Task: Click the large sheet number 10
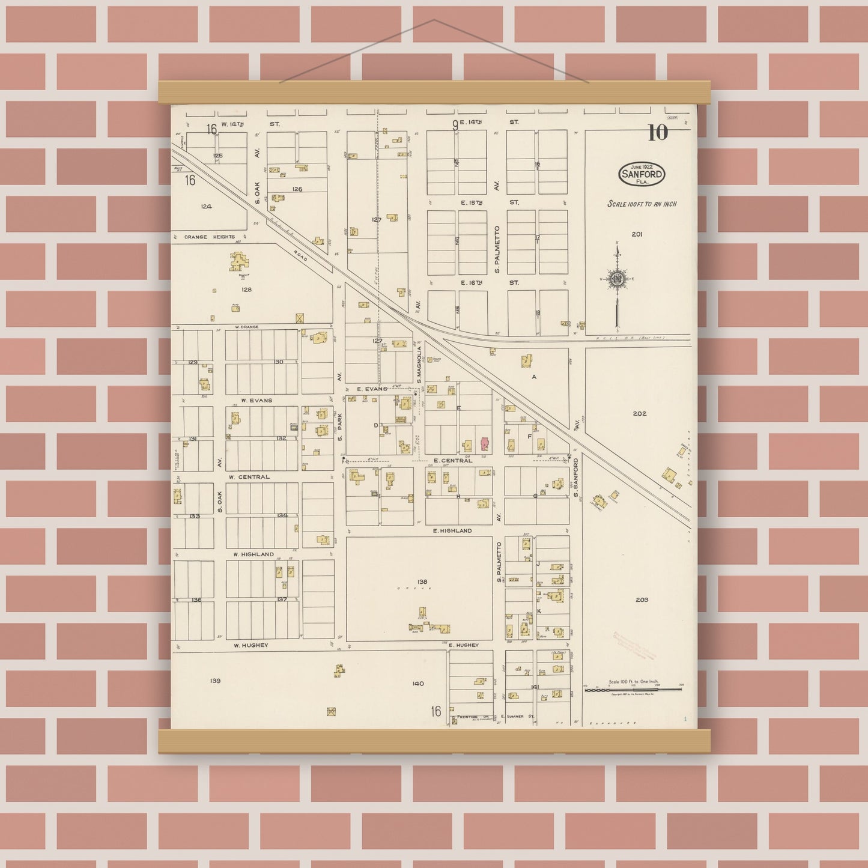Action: [658, 132]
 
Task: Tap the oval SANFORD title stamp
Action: [642, 174]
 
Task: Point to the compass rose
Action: [617, 279]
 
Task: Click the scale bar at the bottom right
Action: [633, 690]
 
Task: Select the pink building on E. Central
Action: [485, 445]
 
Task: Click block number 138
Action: [422, 581]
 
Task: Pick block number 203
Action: [641, 599]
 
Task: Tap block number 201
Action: [637, 234]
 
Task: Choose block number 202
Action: [639, 413]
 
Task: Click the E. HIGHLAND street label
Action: [452, 531]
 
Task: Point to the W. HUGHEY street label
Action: [250, 645]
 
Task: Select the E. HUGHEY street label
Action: [463, 645]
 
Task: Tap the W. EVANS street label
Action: [256, 400]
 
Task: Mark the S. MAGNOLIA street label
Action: [419, 364]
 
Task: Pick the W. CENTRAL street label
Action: [249, 477]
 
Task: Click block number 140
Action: [418, 683]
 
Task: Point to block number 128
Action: [246, 290]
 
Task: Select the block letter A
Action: [533, 377]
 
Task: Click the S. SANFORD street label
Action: [575, 478]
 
